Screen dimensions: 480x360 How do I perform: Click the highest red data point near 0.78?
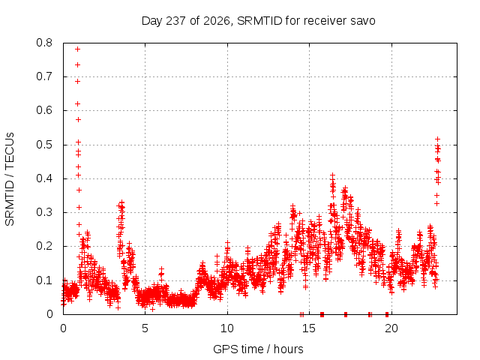[78, 49]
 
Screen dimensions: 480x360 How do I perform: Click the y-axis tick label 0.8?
[44, 43]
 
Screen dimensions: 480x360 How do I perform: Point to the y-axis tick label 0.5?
[44, 145]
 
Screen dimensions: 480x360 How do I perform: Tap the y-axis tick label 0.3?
[44, 212]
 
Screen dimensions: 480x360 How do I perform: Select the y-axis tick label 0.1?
[44, 280]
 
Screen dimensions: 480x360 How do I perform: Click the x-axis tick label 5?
[145, 328]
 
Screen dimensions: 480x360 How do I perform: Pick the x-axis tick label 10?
[227, 328]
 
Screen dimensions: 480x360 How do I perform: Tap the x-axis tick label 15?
[309, 328]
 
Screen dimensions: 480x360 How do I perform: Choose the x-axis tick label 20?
[391, 328]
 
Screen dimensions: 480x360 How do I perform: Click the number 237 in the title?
[176, 21]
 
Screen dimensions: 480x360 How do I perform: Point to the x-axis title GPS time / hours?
[258, 349]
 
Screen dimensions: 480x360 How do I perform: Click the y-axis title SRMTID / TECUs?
[10, 179]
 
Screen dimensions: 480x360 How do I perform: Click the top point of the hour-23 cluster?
[437, 139]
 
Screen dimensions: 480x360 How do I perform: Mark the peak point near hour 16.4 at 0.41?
[332, 175]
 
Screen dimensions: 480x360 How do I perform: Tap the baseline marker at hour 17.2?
[346, 314]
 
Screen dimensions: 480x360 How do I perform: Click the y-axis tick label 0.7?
[44, 76]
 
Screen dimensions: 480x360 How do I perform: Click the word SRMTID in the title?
[259, 21]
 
